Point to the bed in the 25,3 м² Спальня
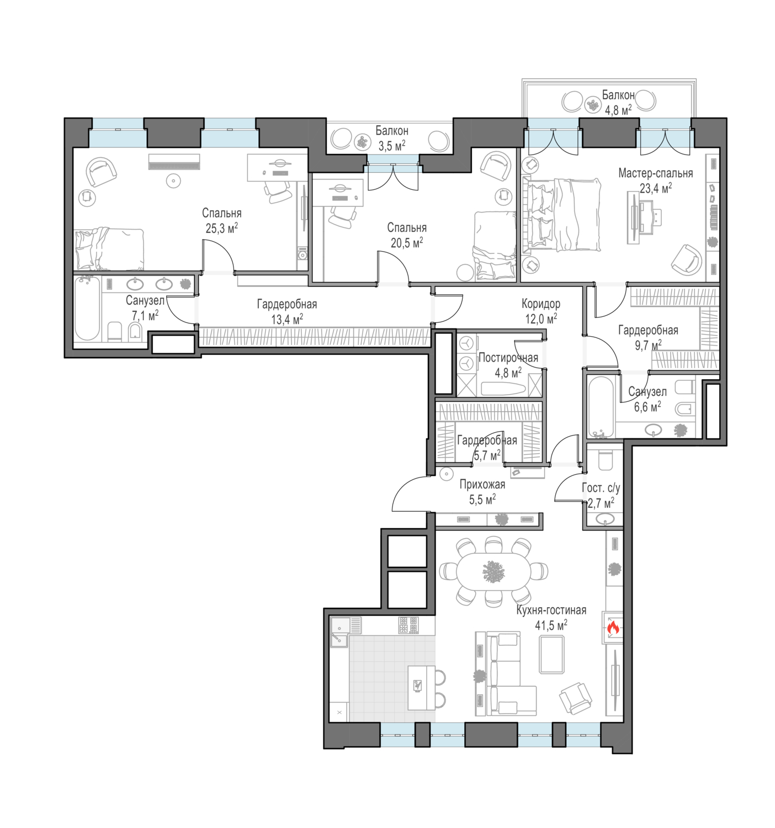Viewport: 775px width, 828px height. point(109,249)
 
